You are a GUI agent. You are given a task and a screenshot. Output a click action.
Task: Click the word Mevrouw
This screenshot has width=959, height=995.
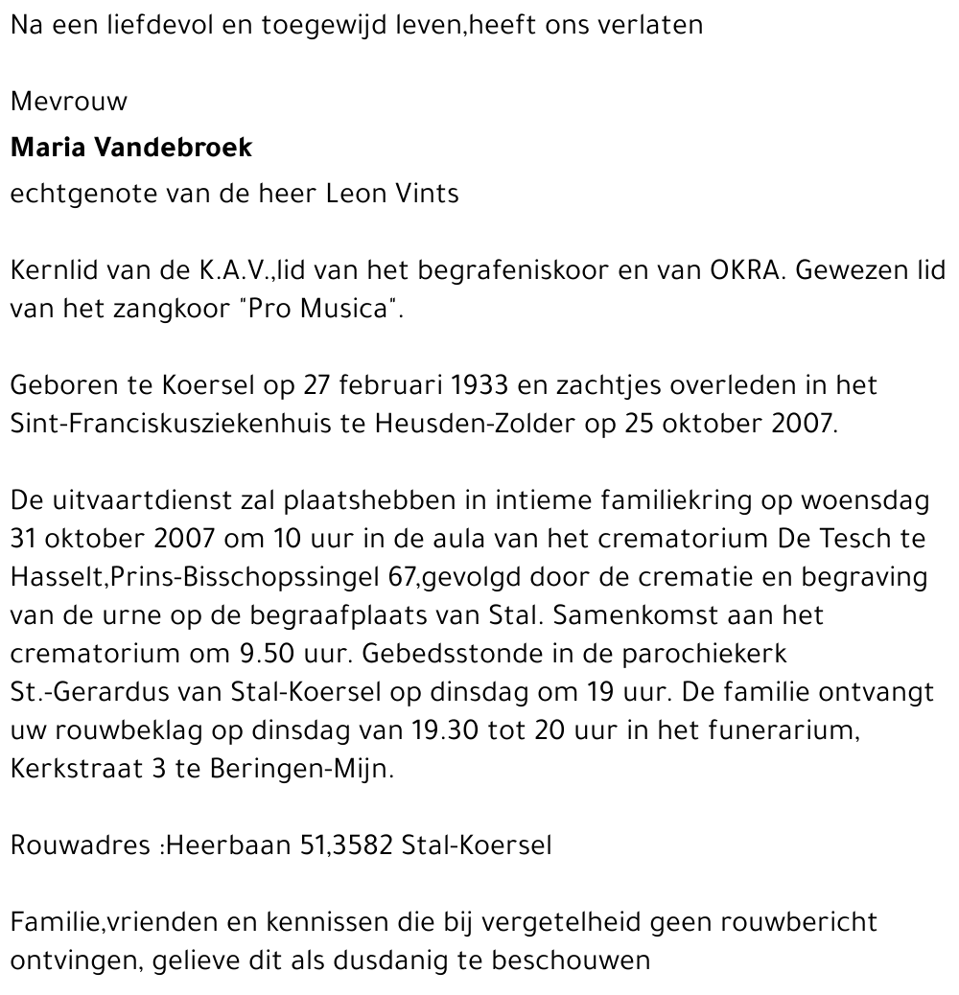pos(68,102)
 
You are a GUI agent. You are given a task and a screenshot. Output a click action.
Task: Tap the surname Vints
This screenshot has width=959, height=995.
pos(426,194)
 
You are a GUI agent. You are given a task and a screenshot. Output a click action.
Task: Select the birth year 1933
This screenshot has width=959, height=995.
pos(475,385)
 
